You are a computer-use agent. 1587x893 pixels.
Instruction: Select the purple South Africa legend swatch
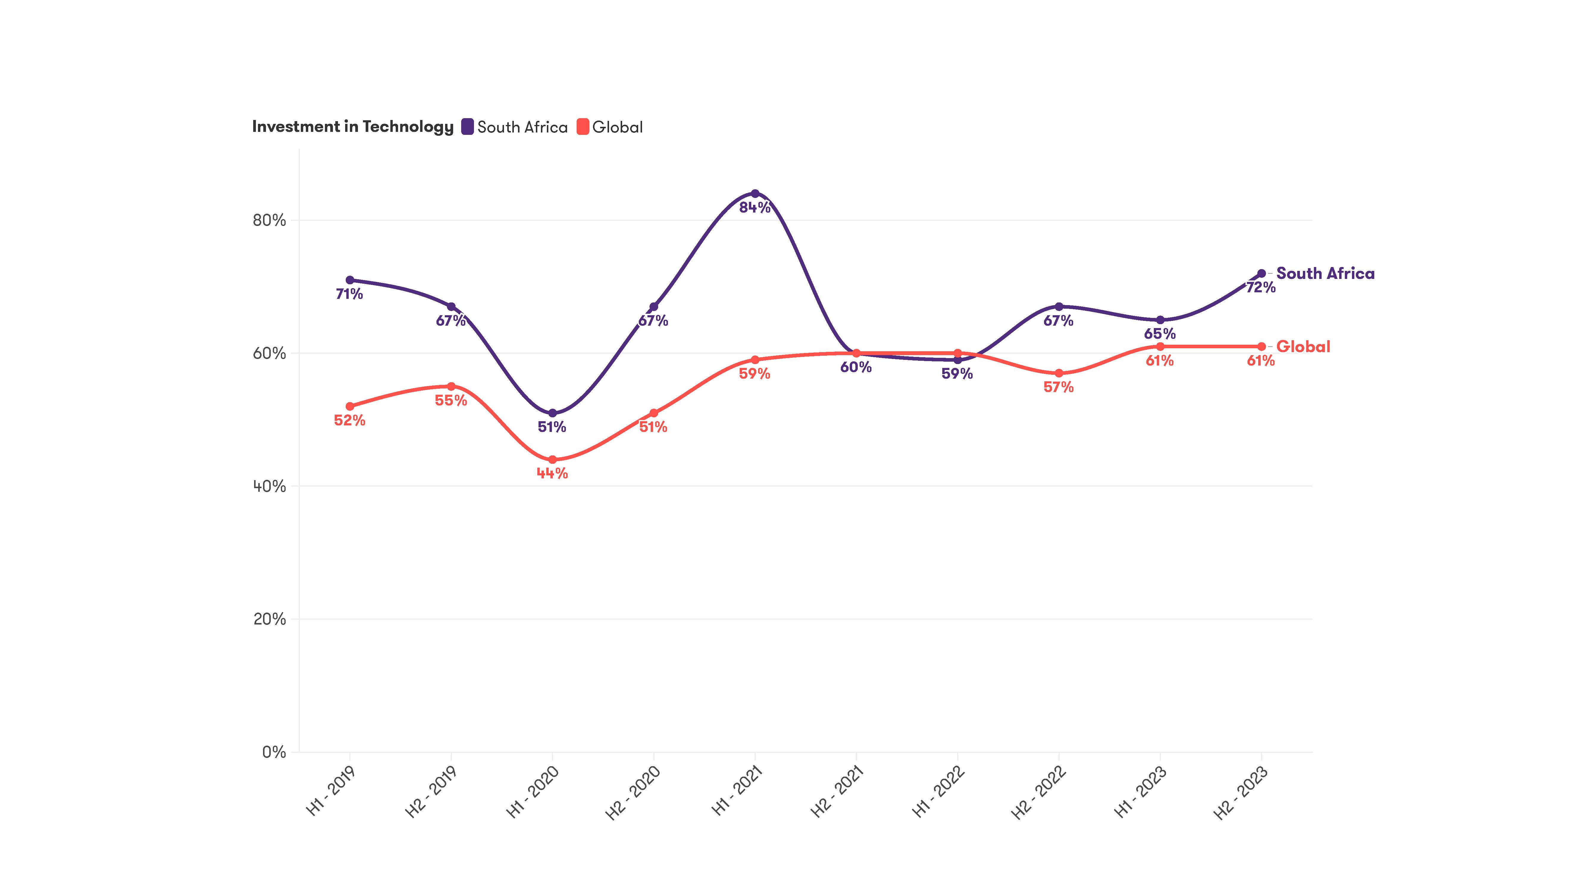point(468,127)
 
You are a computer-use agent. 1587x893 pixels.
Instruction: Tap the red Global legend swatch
point(583,127)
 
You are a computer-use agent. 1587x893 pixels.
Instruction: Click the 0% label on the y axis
point(274,753)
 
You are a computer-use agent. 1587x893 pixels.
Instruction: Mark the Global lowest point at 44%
point(552,460)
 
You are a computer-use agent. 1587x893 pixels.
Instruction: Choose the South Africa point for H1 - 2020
point(552,413)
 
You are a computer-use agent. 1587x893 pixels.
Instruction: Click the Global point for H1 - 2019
point(350,407)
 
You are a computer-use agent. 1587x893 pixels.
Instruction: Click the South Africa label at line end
point(1325,274)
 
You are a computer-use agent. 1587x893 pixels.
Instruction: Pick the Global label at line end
point(1303,347)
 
